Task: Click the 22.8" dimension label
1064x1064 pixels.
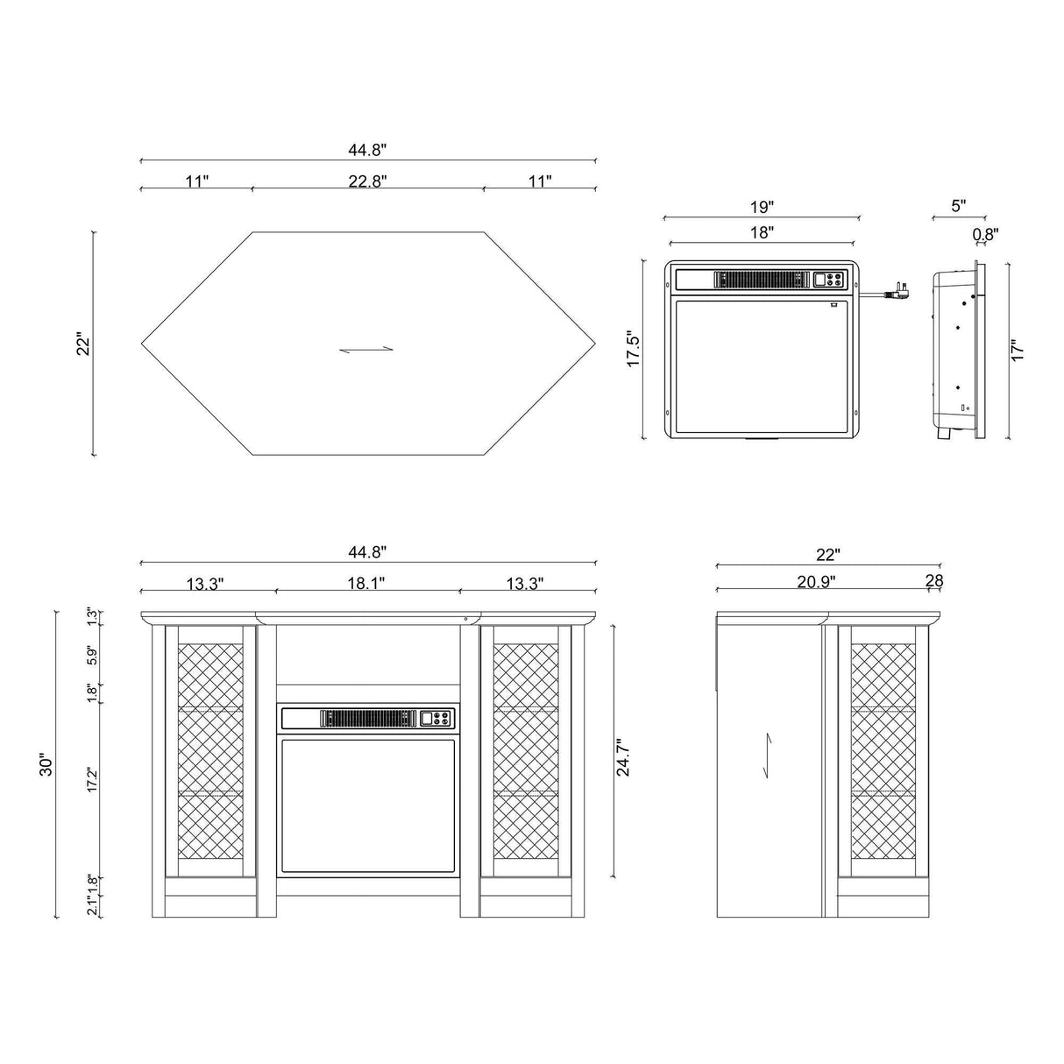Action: [x=367, y=181]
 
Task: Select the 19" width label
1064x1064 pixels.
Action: [x=763, y=208]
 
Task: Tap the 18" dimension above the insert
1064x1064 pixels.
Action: [x=763, y=233]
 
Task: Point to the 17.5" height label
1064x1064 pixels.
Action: [x=635, y=350]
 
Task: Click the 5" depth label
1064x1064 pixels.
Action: [x=958, y=206]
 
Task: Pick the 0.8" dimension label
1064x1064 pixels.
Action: [x=986, y=234]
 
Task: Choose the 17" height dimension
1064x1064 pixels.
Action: [x=1018, y=350]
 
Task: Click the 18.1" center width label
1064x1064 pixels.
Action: [x=367, y=583]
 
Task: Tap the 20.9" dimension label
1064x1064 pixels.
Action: [x=815, y=581]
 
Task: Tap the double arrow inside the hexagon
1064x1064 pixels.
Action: [x=367, y=350]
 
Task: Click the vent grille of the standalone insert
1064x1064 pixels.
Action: [x=761, y=280]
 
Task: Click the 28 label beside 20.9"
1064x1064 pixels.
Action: [x=933, y=581]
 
